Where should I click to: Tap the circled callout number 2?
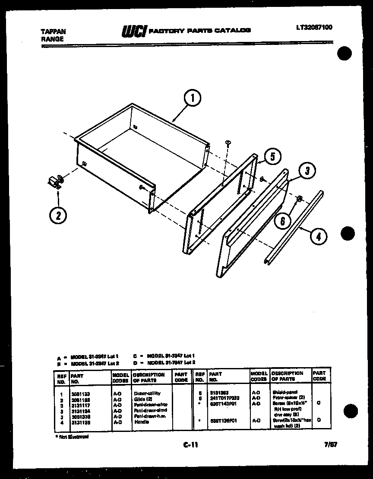(57, 215)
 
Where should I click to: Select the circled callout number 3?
(307, 171)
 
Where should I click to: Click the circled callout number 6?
(283, 221)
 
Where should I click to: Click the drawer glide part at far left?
(55, 182)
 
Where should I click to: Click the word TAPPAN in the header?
(53, 32)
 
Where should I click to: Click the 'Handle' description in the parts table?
(141, 422)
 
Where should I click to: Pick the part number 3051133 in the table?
(81, 394)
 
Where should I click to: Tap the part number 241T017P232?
(224, 398)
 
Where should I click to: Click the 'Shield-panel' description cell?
(285, 392)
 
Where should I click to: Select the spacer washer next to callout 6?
(298, 199)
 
